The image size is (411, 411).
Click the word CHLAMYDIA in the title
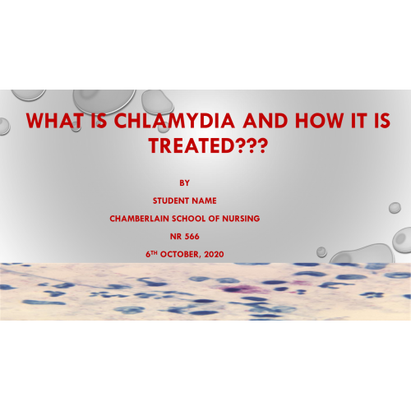click(x=174, y=121)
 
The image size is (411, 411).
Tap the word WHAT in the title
click(x=55, y=121)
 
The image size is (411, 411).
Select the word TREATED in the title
click(x=192, y=145)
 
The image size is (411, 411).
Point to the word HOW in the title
click(x=319, y=121)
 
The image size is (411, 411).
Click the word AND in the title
click(x=266, y=121)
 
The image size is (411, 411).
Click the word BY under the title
click(x=184, y=182)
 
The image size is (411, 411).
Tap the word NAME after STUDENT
click(x=204, y=201)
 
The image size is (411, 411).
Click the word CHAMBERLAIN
click(x=139, y=219)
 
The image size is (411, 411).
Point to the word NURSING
click(x=241, y=219)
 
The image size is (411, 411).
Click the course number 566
click(x=192, y=236)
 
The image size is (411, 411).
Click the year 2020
click(x=214, y=254)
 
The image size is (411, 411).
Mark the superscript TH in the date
click(x=154, y=252)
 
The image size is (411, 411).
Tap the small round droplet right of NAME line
click(x=395, y=208)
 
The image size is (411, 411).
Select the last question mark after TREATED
click(x=262, y=145)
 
